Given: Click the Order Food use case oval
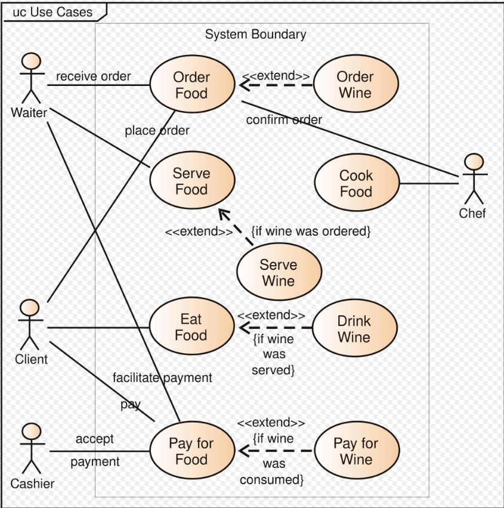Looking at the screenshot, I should click(x=191, y=85).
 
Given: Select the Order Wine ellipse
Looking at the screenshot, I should click(x=355, y=85).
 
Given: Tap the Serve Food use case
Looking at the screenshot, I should click(x=191, y=181).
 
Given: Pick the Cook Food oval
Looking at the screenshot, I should click(x=356, y=184).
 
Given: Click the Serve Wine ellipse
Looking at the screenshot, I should click(x=279, y=273).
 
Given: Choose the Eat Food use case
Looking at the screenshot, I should click(x=191, y=328).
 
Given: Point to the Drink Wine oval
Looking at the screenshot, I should click(x=354, y=329).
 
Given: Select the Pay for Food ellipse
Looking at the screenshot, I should click(x=191, y=452).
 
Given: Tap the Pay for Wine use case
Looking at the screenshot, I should click(x=356, y=451).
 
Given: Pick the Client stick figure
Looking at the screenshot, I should click(x=30, y=325).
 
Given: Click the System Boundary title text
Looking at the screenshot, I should click(x=255, y=35).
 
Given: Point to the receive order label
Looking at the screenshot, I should click(x=93, y=76).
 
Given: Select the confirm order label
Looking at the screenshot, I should click(x=284, y=120).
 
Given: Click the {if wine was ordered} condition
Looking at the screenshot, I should click(x=311, y=231).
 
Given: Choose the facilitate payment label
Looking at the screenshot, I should click(x=162, y=378).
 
